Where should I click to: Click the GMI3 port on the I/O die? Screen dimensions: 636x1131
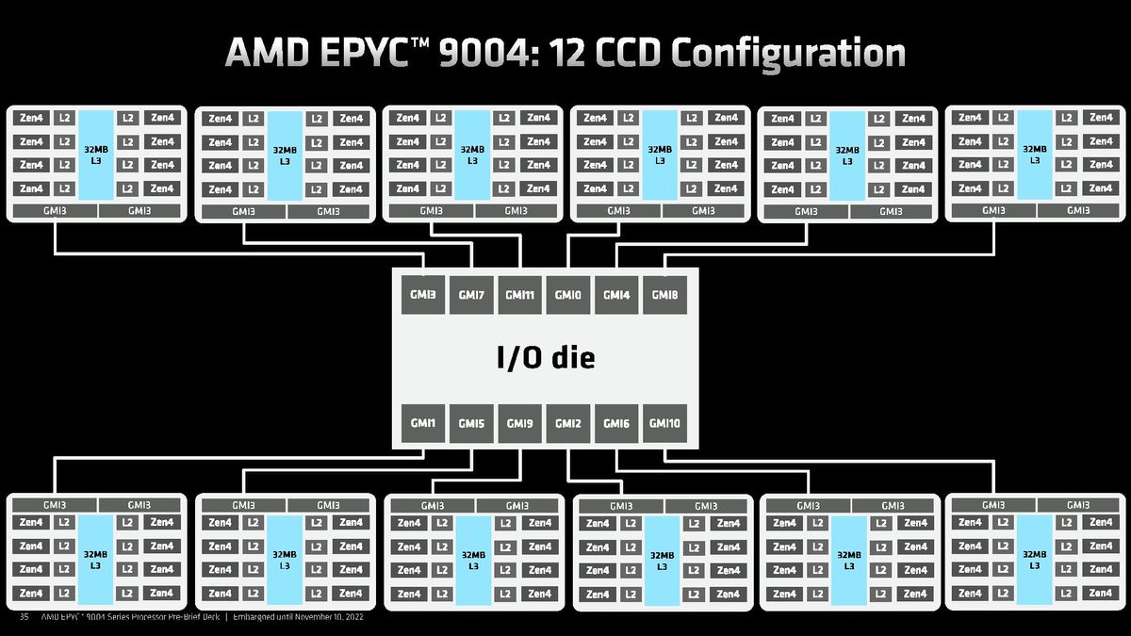coord(422,295)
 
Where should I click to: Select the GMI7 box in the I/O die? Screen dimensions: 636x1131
coord(471,295)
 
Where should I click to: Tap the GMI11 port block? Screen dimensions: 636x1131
coord(520,295)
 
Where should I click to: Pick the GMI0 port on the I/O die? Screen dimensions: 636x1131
coord(567,295)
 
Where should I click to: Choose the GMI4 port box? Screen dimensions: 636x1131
coord(616,295)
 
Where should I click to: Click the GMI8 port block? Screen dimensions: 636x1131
coord(664,295)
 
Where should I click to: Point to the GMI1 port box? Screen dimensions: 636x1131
coord(422,424)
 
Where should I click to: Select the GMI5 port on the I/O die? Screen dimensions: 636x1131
coord(471,424)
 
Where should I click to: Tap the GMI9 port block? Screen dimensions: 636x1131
coord(520,424)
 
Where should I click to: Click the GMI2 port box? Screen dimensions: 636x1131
coord(567,424)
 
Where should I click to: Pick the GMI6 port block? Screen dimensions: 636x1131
coord(616,424)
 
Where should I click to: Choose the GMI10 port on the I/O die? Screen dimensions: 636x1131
coord(664,424)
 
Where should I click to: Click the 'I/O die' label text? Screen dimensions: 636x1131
coord(546,358)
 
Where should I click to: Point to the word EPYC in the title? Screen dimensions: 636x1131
coord(361,52)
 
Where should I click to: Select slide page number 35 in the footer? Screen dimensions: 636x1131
coord(25,618)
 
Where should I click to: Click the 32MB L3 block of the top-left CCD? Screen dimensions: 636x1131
coord(95,154)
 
